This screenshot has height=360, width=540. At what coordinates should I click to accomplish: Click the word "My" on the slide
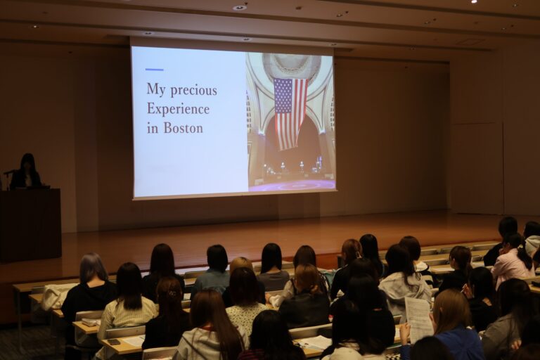click(x=156, y=89)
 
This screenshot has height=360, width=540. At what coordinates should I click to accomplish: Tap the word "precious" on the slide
click(x=194, y=90)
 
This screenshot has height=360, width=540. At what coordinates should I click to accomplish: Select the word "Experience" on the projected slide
click(x=178, y=109)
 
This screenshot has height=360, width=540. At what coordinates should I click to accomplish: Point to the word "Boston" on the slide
click(x=184, y=128)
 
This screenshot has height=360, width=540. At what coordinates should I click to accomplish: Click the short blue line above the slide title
click(x=154, y=70)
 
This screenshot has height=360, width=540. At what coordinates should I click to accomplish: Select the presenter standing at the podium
click(x=26, y=172)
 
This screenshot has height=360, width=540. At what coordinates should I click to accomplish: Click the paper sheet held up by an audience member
click(x=418, y=319)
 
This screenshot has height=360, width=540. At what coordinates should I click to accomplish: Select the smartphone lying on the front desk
click(x=113, y=342)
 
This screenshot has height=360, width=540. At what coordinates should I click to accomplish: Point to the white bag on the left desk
click(x=54, y=297)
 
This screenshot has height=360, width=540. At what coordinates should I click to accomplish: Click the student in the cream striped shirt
click(x=129, y=303)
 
